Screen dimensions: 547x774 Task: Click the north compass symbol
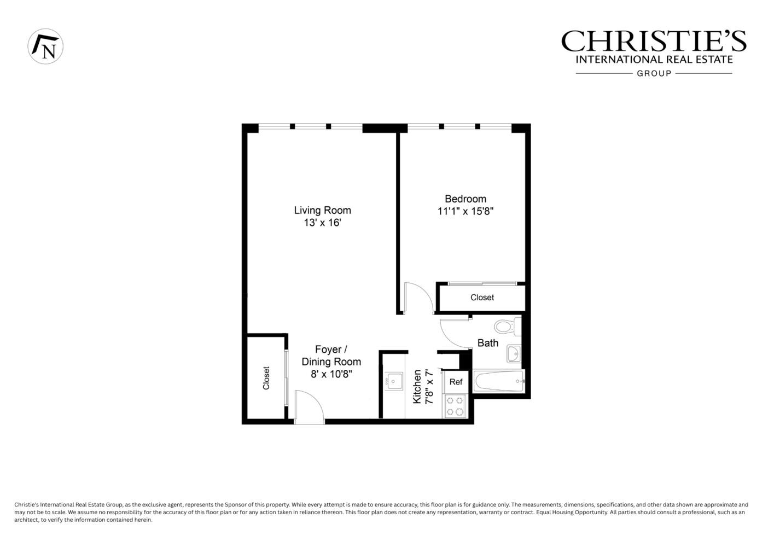[45, 46]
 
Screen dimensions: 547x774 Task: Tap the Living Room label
[322, 210]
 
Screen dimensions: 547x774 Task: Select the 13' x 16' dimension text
[322, 223]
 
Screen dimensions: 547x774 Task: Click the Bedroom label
[465, 199]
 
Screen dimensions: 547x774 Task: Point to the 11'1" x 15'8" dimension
[465, 212]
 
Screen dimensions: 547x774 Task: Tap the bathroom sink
[513, 354]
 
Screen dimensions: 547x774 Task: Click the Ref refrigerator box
[456, 382]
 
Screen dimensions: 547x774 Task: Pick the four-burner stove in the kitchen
[455, 406]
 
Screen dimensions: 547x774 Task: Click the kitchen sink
[392, 381]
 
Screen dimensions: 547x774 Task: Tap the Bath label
[487, 343]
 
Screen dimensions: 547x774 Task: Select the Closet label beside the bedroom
[482, 298]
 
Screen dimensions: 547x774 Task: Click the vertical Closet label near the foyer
[266, 378]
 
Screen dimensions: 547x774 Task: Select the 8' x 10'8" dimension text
[331, 374]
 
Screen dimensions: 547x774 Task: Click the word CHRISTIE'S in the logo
[653, 41]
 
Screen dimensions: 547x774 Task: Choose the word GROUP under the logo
[654, 73]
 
